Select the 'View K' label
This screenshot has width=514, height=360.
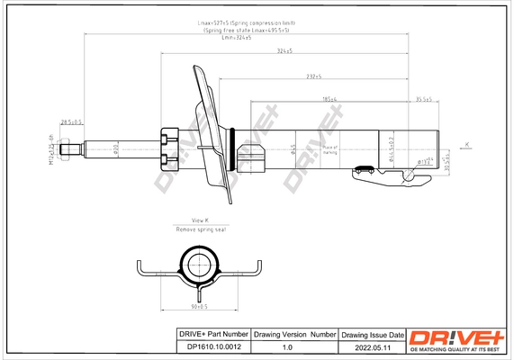[x=200, y=220]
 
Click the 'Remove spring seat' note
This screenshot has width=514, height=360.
[x=200, y=230]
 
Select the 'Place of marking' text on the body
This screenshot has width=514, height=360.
[x=329, y=148]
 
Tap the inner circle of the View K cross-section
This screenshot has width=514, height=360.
[x=199, y=264]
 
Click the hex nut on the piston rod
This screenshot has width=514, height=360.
[x=168, y=148]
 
